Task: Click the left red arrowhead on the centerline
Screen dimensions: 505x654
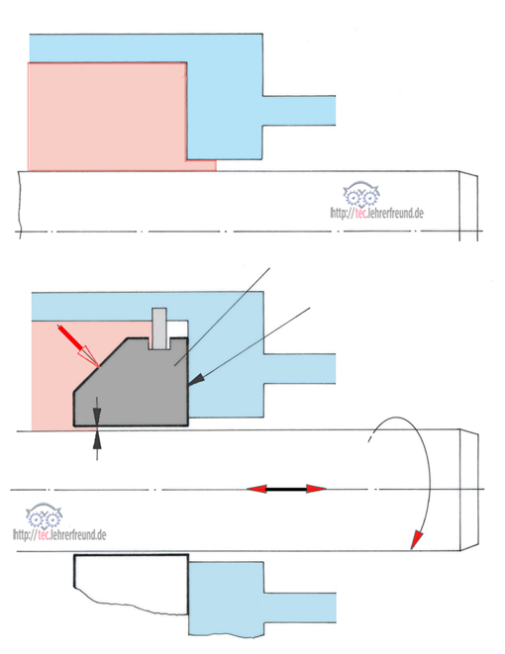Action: coord(256,489)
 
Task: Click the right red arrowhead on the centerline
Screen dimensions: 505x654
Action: coord(316,489)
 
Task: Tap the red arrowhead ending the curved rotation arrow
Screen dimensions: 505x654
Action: coord(416,540)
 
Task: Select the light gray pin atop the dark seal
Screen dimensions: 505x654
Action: coord(159,328)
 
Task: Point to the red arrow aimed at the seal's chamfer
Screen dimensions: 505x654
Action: coord(78,345)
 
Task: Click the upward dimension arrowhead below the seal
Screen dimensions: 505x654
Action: coord(97,440)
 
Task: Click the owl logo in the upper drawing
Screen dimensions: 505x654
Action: coord(361,194)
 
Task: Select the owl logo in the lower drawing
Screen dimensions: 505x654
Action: coord(44,515)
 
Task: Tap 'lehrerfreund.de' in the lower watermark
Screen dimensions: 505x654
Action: coord(77,534)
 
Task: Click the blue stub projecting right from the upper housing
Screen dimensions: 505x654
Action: coord(299,111)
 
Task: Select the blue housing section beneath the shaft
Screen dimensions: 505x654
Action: coord(247,599)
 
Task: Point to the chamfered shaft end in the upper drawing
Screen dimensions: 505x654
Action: coord(468,205)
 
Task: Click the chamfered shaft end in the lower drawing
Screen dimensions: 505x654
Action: coord(469,490)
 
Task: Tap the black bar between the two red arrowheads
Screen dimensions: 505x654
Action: coord(286,489)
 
